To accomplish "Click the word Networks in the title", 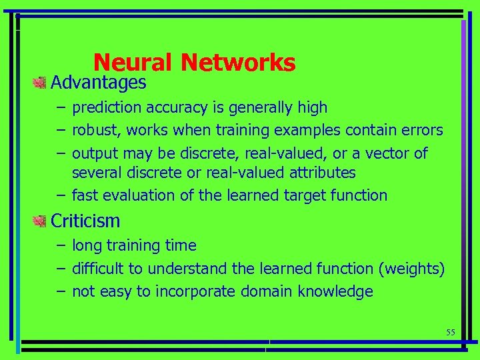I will point(238,62).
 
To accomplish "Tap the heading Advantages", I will point(98,83).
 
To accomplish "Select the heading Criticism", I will point(85,221).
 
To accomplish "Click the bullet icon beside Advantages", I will point(40,83).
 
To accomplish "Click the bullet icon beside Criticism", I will point(40,221).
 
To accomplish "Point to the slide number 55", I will point(450,332).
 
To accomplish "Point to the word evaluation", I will point(139,195).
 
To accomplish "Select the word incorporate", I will point(191,291).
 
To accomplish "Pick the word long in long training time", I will point(87,245).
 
